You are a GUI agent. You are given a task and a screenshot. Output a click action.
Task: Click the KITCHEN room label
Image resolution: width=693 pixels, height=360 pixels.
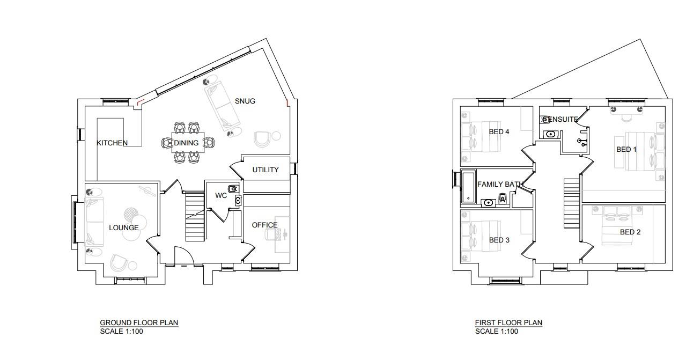pos(112,143)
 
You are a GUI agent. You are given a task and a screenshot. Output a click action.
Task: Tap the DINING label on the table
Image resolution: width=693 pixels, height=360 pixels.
pos(186,143)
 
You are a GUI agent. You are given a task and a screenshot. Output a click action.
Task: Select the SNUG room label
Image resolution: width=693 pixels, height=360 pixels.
pos(245,101)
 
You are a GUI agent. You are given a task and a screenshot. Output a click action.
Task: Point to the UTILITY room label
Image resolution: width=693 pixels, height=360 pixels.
pos(266,170)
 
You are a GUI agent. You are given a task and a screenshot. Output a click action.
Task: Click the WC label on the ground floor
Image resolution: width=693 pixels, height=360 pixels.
pos(221,196)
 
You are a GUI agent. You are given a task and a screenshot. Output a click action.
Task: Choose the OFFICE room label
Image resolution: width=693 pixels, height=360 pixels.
pos(265,225)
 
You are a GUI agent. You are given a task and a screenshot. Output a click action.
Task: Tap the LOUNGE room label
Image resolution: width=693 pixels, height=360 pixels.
pos(124,228)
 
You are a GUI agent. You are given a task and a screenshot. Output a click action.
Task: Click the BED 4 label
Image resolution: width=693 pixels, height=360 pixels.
pos(499,132)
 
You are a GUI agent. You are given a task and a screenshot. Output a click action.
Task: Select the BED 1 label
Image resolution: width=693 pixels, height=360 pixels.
pos(626,150)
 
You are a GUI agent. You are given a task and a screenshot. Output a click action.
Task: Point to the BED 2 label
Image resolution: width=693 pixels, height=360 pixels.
pos(630,232)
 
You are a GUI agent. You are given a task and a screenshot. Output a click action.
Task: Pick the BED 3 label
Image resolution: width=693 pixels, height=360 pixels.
pos(499,240)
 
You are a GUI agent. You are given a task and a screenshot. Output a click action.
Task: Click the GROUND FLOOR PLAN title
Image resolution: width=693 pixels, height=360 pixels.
pos(139,322)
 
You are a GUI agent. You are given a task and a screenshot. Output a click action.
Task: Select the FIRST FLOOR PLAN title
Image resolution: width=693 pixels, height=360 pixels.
pos(508,322)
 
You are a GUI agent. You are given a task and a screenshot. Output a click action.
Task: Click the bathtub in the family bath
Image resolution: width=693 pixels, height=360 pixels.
pos(468,188)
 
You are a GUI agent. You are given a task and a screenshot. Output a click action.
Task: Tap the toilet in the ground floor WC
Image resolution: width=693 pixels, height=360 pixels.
pos(233,188)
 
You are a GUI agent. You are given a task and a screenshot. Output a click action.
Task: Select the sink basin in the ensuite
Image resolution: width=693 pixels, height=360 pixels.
pos(550,134)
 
